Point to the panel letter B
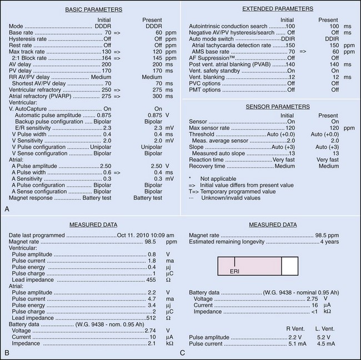[6, 352]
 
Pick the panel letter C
[183, 352]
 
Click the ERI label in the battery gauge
[235, 271]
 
